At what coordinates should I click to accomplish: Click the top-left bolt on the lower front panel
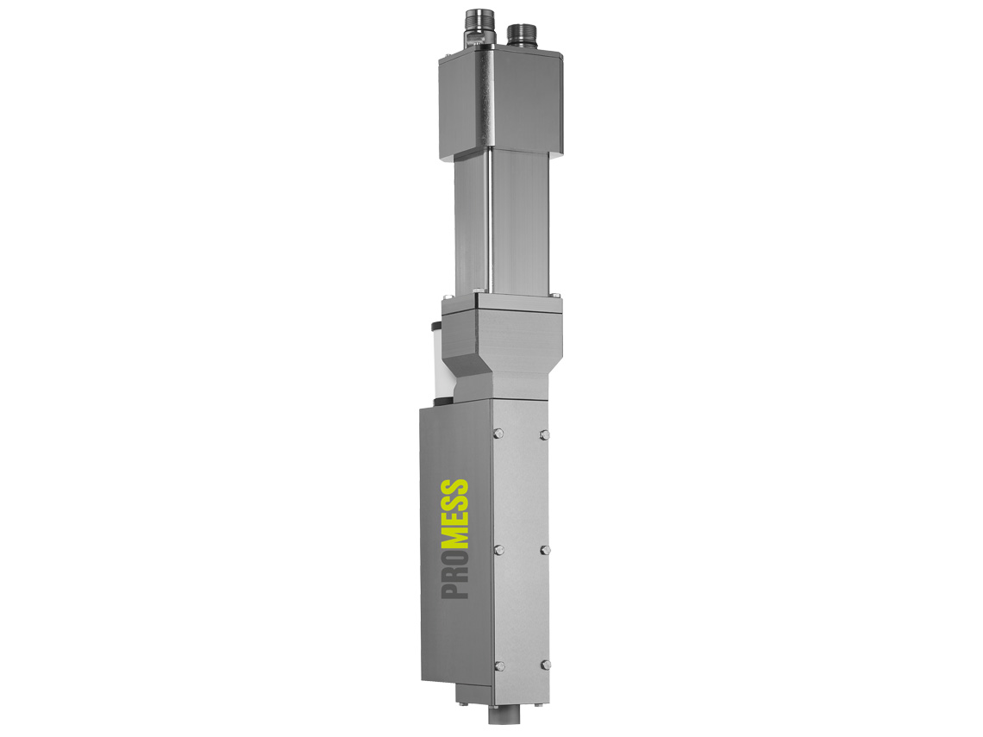[499, 433]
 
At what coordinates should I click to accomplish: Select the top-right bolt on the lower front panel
[544, 434]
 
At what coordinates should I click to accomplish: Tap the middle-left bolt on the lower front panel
[499, 550]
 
